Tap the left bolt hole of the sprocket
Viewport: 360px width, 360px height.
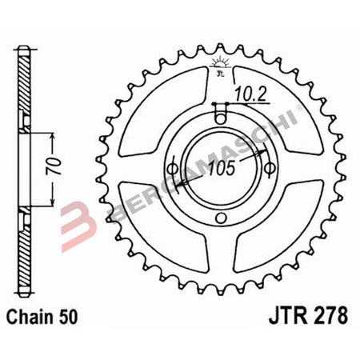[x=172, y=167]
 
